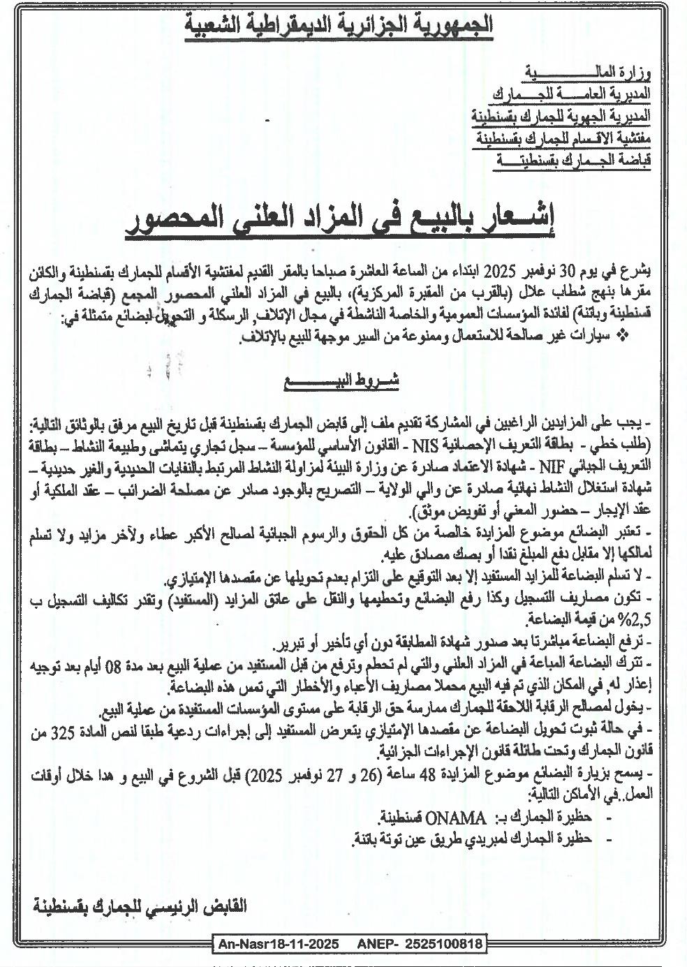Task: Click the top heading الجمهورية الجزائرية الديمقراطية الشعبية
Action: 340,26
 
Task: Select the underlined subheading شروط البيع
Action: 341,383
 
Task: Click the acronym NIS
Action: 426,442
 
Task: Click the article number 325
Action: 637,735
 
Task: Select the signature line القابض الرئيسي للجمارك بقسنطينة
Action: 140,908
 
